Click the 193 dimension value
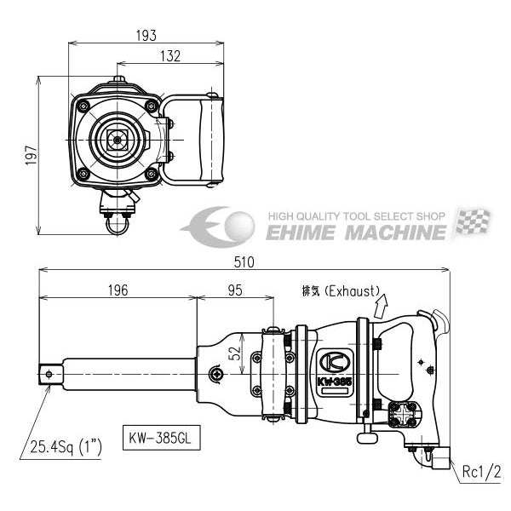click(x=146, y=36)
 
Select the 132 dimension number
click(x=170, y=56)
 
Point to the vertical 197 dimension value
click(x=32, y=155)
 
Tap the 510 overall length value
click(x=244, y=262)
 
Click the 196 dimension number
click(x=118, y=290)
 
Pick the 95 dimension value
click(x=235, y=290)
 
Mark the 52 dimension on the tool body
click(x=234, y=353)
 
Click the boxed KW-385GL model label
click(x=161, y=438)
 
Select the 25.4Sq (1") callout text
click(x=66, y=447)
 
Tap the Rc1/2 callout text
click(x=481, y=472)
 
